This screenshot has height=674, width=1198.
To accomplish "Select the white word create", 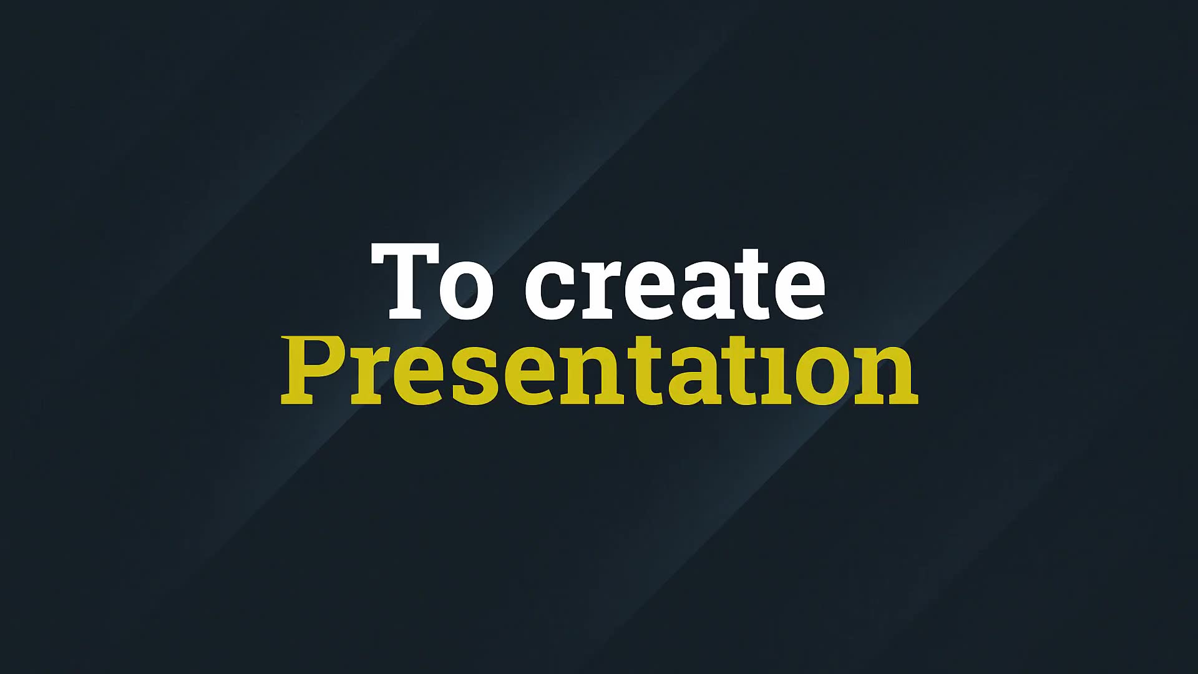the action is pos(675,284).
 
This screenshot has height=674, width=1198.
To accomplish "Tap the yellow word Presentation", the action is pos(600,371).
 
